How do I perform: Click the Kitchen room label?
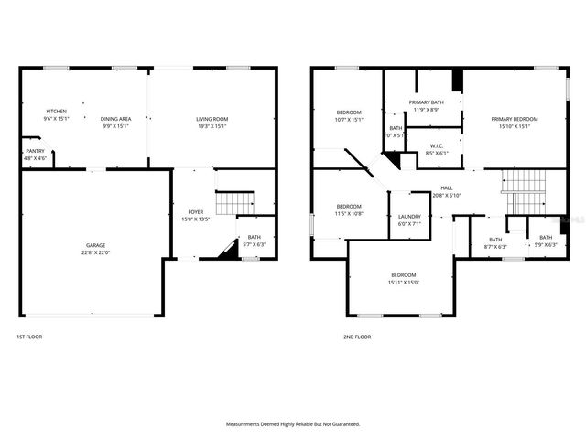(57, 112)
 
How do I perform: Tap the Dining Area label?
(114, 119)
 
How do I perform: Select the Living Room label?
(212, 119)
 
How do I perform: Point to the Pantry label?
(35, 151)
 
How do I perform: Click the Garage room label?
(95, 245)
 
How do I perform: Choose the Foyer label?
(197, 212)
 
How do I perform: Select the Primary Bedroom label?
(514, 119)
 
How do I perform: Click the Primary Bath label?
(426, 102)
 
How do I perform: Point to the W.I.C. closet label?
(437, 146)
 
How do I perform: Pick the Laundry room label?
(408, 217)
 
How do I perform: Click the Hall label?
(446, 187)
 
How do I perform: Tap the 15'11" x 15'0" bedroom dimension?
(404, 283)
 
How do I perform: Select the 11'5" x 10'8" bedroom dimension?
(348, 213)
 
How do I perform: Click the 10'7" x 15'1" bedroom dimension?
(349, 119)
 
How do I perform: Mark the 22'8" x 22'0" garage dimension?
(95, 252)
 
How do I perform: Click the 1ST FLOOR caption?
(29, 337)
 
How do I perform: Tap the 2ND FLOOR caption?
(356, 337)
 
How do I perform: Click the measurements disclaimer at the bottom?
(293, 424)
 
